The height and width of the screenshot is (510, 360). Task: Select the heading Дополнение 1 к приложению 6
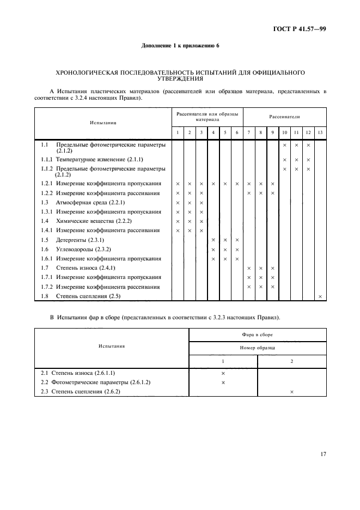click(180, 46)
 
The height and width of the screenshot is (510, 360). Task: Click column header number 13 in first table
click(320, 133)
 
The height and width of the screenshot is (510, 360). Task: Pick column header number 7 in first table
click(248, 133)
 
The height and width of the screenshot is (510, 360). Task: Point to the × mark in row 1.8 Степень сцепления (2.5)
click(320, 296)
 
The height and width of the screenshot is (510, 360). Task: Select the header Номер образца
click(257, 347)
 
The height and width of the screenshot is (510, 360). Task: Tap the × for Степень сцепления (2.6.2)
click(292, 392)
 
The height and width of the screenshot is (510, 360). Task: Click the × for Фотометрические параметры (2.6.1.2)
click(223, 382)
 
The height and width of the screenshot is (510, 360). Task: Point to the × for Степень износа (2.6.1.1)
click(223, 373)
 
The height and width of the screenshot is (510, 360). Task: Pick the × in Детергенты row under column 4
click(213, 240)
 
